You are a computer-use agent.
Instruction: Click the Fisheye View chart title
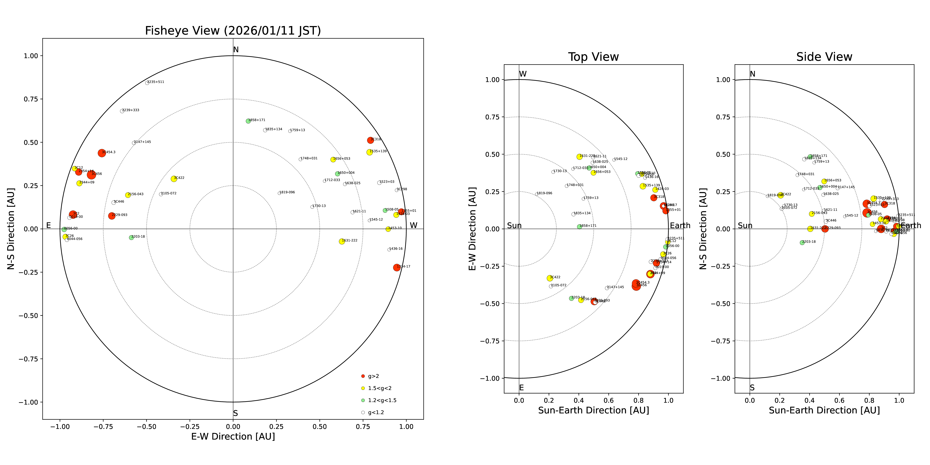pos(233,31)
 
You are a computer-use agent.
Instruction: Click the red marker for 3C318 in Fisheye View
pos(370,140)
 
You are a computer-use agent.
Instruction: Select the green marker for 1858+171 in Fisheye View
pos(248,121)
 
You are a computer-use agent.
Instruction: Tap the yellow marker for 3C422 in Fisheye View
pos(174,179)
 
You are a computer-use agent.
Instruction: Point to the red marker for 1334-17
pos(396,268)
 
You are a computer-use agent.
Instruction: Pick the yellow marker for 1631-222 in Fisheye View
pos(341,241)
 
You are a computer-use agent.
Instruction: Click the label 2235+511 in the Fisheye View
pos(156,82)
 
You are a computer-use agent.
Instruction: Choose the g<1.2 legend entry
pos(375,412)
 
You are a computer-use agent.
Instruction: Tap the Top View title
pos(593,57)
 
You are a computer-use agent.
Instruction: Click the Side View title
pos(824,57)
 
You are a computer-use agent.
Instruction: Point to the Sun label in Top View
pos(514,226)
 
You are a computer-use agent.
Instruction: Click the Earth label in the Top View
pos(680,226)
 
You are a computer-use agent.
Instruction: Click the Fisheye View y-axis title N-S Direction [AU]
pos(11,228)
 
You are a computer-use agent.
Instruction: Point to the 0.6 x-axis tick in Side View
pos(839,400)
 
